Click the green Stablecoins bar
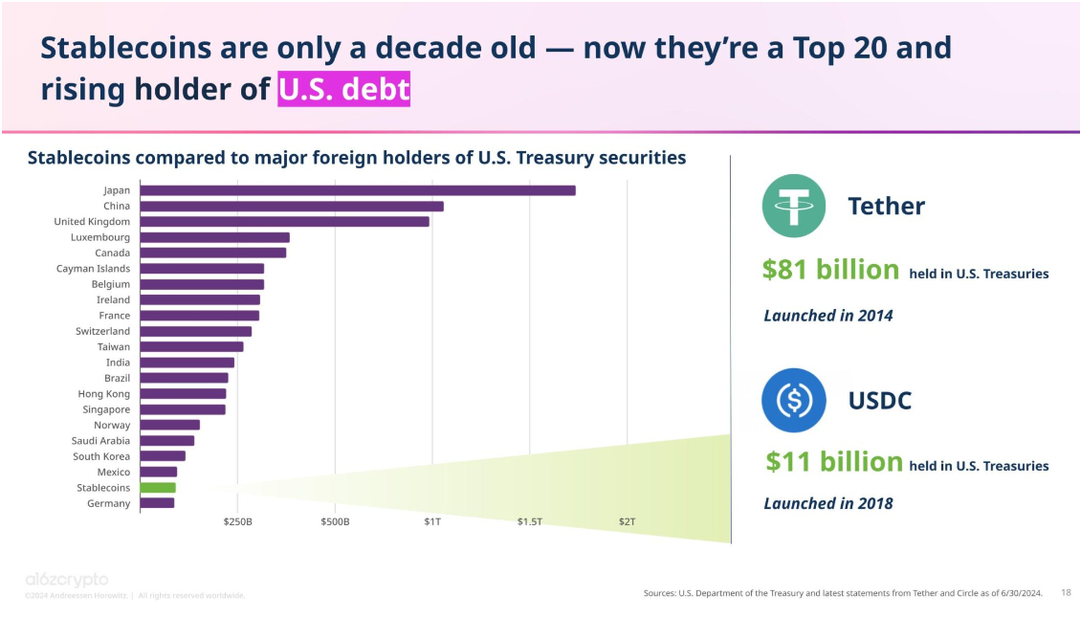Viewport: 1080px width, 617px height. click(x=158, y=488)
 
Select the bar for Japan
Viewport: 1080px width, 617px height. click(x=358, y=190)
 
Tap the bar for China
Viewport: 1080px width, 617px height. click(x=292, y=206)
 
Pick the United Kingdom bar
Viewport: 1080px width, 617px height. click(x=284, y=222)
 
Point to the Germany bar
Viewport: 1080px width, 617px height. click(x=157, y=503)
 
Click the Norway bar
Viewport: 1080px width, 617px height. click(x=170, y=425)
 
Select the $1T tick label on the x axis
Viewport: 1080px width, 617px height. click(x=432, y=522)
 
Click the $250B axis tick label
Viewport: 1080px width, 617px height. click(x=237, y=522)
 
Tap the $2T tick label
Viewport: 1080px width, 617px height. click(x=627, y=522)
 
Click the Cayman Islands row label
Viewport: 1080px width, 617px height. click(x=93, y=269)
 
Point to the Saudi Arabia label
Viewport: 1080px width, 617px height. click(x=100, y=441)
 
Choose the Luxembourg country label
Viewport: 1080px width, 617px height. click(x=99, y=237)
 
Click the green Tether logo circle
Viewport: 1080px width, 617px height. click(x=794, y=206)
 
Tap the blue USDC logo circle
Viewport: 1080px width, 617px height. click(x=794, y=400)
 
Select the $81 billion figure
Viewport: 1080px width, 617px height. click(x=830, y=271)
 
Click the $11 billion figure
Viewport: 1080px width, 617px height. click(x=833, y=463)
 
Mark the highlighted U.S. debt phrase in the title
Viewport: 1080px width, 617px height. click(x=343, y=89)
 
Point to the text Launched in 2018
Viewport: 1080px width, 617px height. click(x=827, y=503)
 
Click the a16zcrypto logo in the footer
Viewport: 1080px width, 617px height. click(x=66, y=580)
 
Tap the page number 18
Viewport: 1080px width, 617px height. click(x=1066, y=593)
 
